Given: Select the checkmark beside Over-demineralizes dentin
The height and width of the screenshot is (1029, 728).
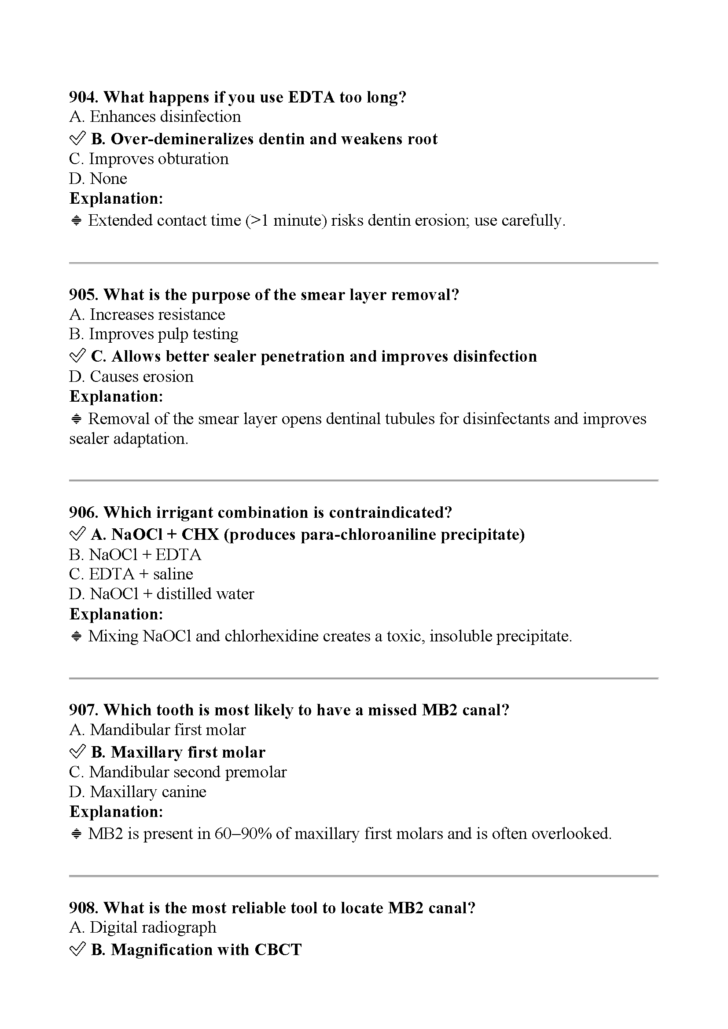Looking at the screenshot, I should [77, 139].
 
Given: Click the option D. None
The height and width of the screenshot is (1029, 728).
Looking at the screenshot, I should [98, 178].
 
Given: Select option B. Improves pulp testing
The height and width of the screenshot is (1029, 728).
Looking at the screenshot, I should [154, 334].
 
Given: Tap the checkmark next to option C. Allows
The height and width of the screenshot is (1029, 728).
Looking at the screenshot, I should [77, 356].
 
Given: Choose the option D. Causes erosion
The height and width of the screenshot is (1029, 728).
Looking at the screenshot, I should [131, 377].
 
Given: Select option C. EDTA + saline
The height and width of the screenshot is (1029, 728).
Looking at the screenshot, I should [131, 574].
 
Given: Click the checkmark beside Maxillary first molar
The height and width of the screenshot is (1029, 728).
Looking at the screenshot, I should [77, 752].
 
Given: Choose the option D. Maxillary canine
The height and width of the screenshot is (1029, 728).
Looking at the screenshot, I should [138, 792].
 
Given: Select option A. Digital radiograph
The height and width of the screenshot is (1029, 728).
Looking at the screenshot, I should [143, 927].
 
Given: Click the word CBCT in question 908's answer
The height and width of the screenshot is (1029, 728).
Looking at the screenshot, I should [278, 950].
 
